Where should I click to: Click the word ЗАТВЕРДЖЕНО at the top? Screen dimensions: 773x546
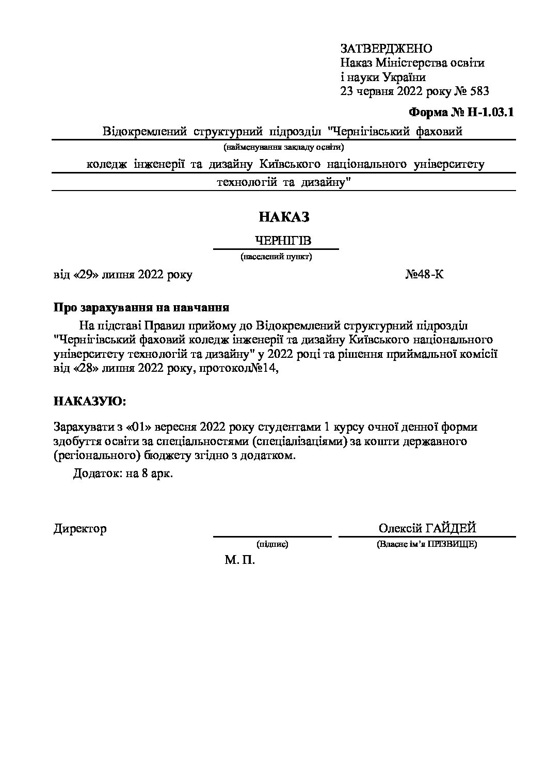pos(386,49)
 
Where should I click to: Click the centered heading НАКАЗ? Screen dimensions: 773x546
pos(284,217)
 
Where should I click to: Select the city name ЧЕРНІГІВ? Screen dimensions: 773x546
pos(284,241)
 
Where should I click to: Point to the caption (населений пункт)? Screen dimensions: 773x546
pos(276,256)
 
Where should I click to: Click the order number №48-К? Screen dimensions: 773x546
pos(424,274)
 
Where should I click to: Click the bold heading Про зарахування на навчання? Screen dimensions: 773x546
pos(141,308)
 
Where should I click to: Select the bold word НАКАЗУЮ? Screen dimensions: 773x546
pos(89,401)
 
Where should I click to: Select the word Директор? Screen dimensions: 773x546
pos(80,529)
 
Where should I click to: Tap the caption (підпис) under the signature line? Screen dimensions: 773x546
pos(272,544)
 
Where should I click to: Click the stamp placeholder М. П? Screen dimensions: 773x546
pos(240,560)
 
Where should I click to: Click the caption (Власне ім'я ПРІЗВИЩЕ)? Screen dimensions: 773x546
pos(427,544)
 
